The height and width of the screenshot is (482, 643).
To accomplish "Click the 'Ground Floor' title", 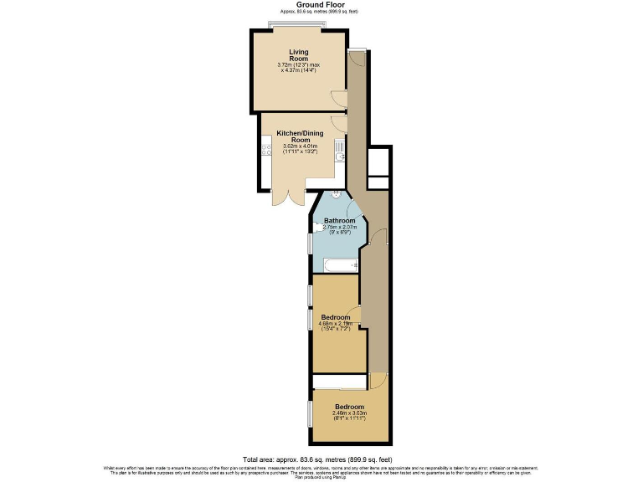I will pos(321,5).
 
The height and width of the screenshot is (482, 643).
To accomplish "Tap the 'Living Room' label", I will pos(299,54).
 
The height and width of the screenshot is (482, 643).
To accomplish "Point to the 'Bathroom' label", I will pos(340,221).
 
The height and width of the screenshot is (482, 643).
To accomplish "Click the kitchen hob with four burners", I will pos(267,151).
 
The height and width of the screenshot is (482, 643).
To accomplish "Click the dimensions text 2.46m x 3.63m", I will pos(348,413).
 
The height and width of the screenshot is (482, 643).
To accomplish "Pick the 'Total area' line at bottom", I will pos(321,459).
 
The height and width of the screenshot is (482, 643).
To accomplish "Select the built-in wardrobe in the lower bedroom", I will pos(339,382).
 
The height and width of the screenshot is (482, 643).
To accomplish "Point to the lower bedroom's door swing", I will pos(378,380).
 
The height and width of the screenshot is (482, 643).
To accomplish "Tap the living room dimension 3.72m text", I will pos(298,65).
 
